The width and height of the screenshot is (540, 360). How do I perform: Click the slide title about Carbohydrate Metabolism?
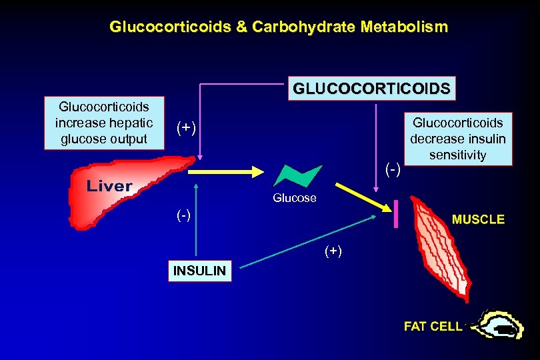pyautogui.click(x=279, y=27)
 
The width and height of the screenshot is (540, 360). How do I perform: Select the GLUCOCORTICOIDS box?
pyautogui.click(x=371, y=88)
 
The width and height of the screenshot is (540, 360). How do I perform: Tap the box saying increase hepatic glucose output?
pyautogui.click(x=104, y=123)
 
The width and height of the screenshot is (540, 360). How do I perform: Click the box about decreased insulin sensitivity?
pyautogui.click(x=458, y=139)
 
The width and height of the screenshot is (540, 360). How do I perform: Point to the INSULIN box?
pyautogui.click(x=199, y=271)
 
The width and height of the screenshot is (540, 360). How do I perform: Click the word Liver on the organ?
pyautogui.click(x=109, y=186)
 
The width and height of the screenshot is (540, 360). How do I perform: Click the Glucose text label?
pyautogui.click(x=294, y=198)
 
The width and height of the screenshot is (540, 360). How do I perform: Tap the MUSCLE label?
pyautogui.click(x=478, y=219)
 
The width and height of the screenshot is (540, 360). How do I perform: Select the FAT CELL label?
pyautogui.click(x=433, y=326)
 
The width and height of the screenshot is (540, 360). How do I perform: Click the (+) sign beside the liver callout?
pyautogui.click(x=186, y=127)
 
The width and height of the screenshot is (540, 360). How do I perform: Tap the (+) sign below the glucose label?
pyautogui.click(x=333, y=251)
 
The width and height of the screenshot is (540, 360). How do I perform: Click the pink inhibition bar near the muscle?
pyautogui.click(x=396, y=214)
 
